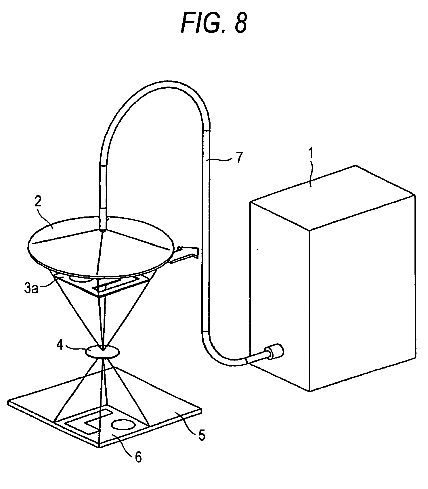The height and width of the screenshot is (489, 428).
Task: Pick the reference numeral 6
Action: point(138,457)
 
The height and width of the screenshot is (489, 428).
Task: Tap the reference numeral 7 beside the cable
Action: point(239,158)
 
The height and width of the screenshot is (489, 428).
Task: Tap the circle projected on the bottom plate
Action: point(123,424)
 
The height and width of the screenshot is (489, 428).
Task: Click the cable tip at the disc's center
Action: point(103,229)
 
